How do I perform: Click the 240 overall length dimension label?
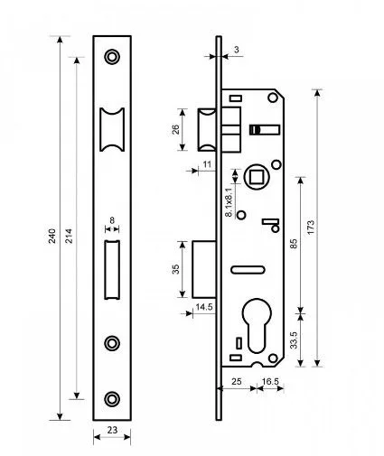[52, 237]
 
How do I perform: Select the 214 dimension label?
[69, 237]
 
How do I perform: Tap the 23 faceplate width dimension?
[112, 430]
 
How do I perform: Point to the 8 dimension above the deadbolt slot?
[112, 220]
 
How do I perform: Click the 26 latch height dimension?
[175, 129]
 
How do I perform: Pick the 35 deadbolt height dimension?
[175, 269]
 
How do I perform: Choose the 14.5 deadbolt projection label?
[204, 307]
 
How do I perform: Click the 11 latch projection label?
[207, 164]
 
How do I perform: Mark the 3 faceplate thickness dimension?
[237, 50]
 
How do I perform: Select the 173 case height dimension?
[311, 228]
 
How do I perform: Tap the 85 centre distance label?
[294, 244]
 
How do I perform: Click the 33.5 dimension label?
[294, 340]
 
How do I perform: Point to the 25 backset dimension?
[237, 382]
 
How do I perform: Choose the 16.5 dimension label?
[270, 382]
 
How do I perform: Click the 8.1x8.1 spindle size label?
[229, 202]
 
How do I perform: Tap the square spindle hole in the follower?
[256, 176]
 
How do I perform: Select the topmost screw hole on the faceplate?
[112, 57]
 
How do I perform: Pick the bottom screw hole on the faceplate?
[112, 399]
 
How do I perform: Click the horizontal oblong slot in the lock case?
[248, 270]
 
